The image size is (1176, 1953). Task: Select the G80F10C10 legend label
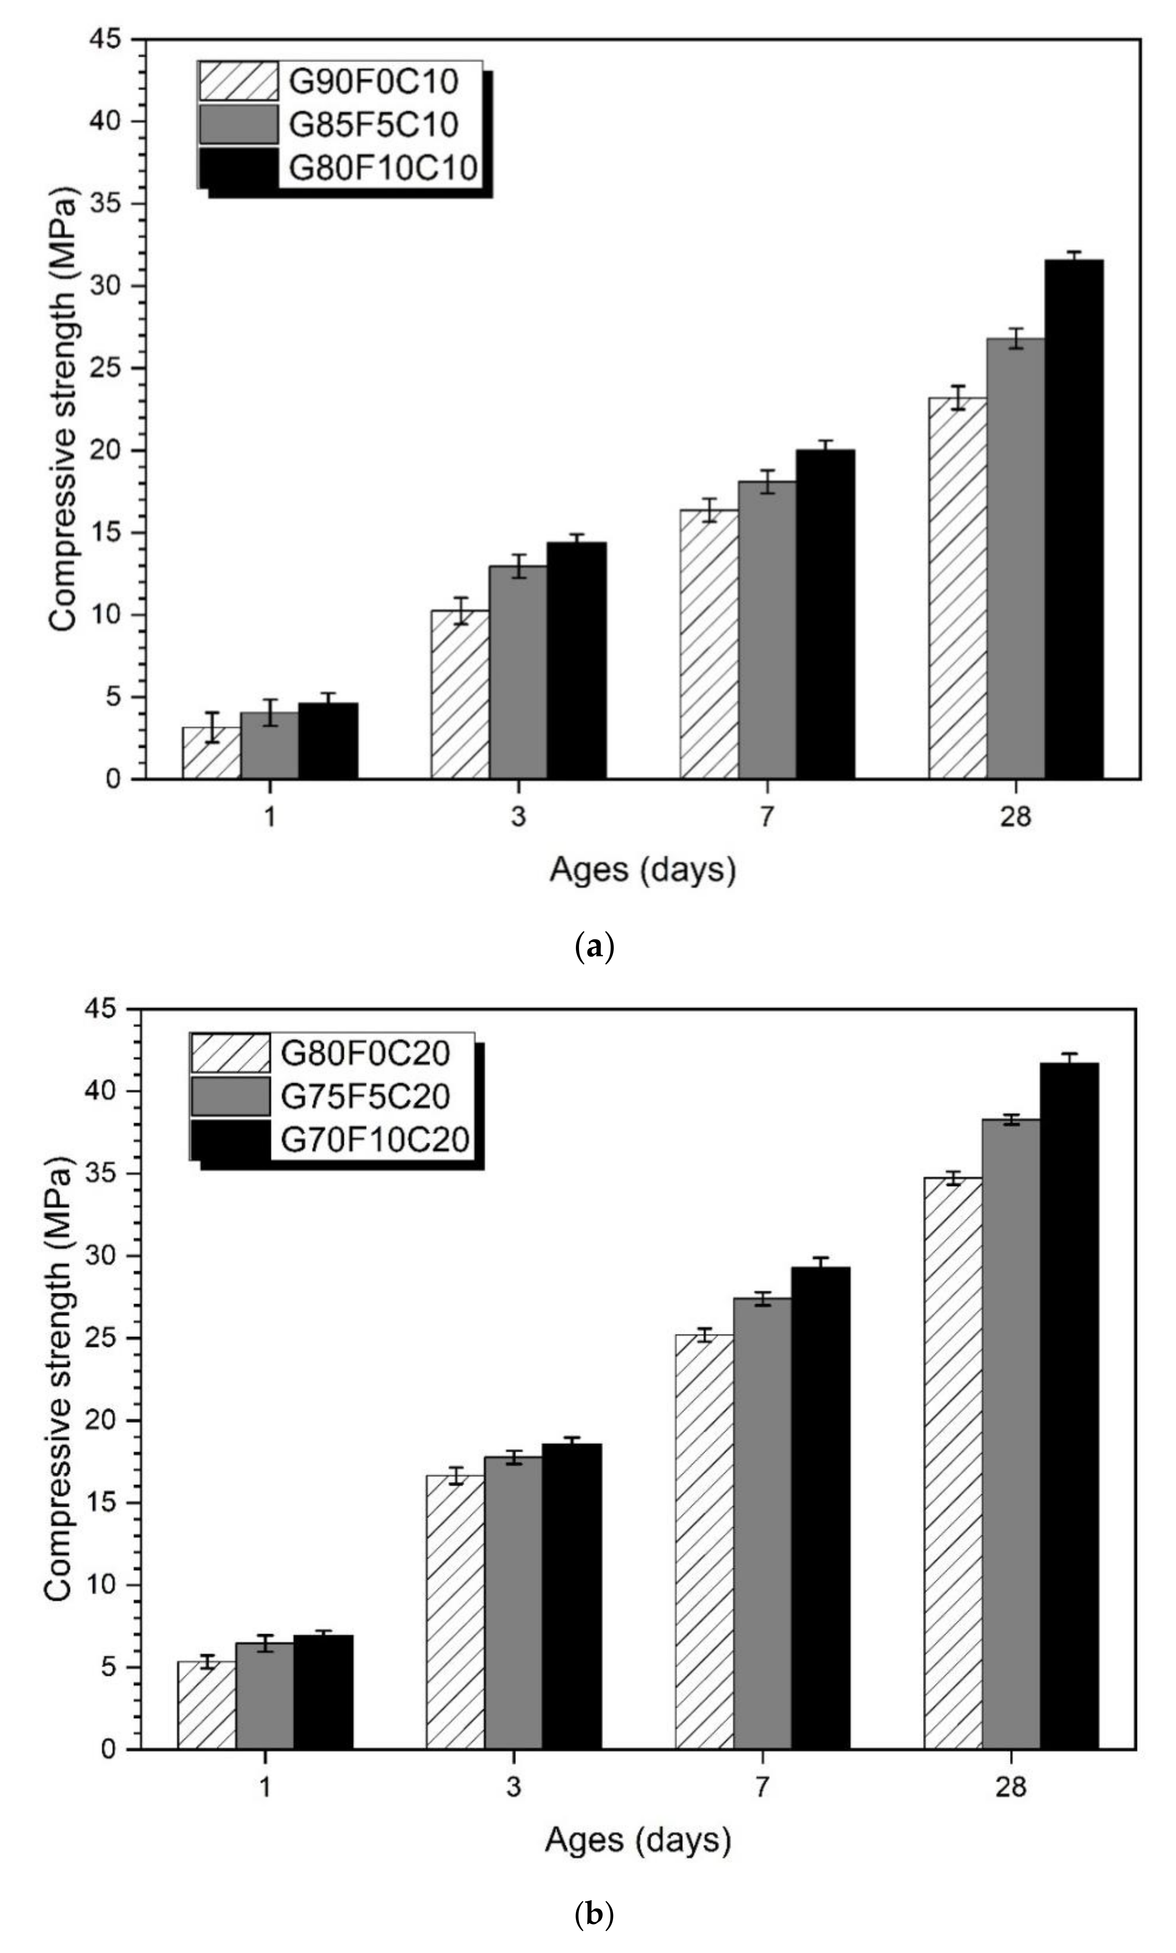pos(383,167)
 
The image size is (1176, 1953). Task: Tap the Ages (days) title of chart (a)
pos(643,870)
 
